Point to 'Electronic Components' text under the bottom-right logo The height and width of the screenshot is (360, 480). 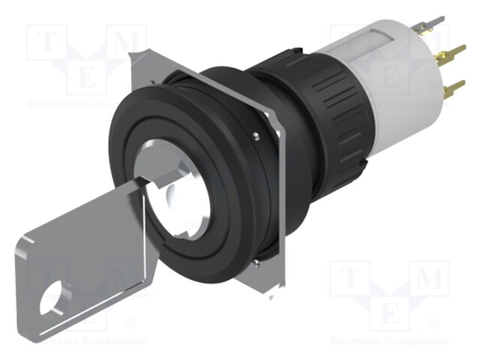(x=389, y=340)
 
